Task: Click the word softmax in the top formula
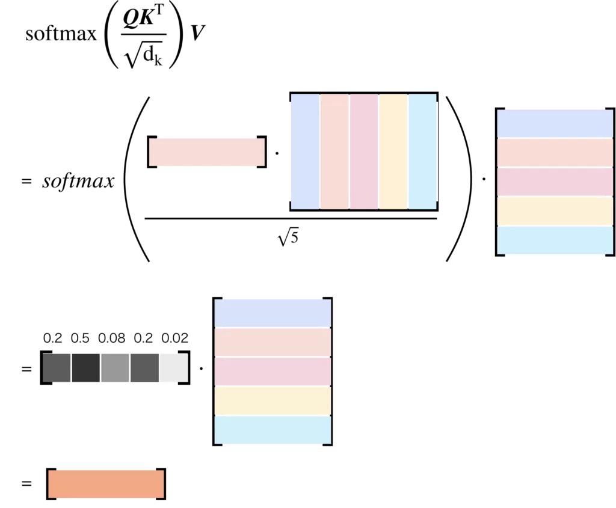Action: tap(61, 34)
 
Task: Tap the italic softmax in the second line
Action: tap(78, 182)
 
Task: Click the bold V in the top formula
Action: tap(196, 34)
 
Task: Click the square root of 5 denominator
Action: tap(288, 237)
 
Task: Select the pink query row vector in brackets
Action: tap(206, 152)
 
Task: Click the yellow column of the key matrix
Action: tap(393, 151)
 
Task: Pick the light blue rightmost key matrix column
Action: tap(423, 151)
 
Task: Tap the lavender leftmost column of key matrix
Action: tap(304, 151)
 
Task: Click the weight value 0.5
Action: tap(80, 338)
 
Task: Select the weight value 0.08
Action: tap(112, 338)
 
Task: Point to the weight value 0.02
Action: tap(175, 338)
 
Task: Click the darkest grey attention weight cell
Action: tap(86, 367)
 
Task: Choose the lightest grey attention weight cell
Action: tap(174, 367)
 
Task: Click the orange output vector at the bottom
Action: tap(106, 484)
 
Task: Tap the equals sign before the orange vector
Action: tap(26, 483)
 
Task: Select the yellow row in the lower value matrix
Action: tap(273, 400)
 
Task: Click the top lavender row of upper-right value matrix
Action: tap(555, 123)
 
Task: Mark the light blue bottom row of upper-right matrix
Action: tap(555, 240)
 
